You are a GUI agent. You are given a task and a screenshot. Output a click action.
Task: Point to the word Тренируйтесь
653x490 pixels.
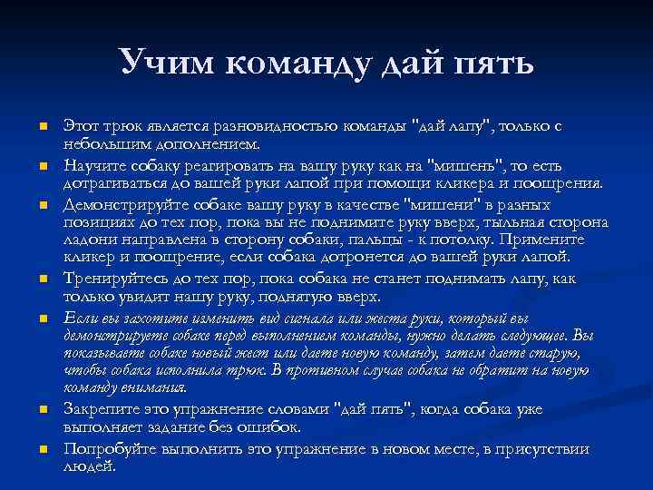[108, 279]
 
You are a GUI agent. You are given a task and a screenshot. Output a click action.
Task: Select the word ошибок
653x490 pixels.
[271, 427]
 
